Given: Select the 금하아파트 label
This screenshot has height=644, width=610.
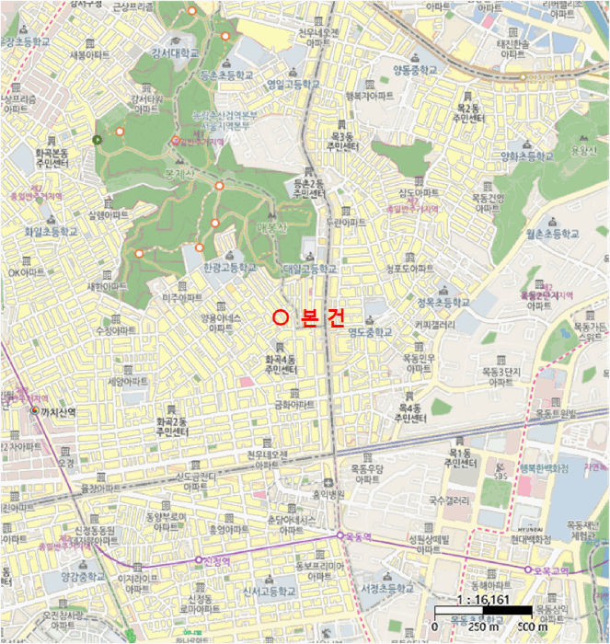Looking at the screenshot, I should pyautogui.click(x=293, y=404).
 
